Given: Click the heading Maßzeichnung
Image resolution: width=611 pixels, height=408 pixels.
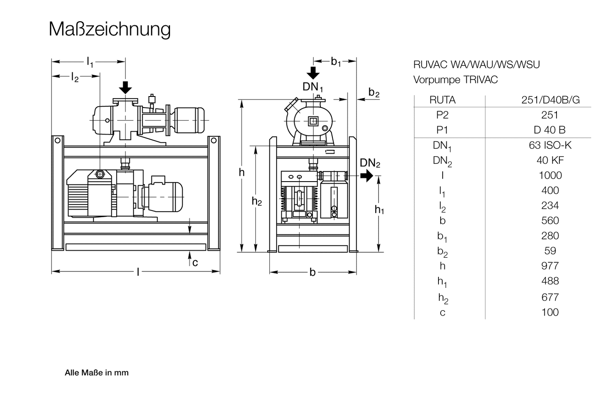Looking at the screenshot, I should click(x=110, y=29).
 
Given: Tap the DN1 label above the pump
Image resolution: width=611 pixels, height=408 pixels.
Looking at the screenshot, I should click(x=313, y=87).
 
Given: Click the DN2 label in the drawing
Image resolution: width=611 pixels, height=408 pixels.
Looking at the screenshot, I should click(x=370, y=163).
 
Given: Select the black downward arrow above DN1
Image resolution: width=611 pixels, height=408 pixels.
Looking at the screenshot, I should click(x=313, y=73).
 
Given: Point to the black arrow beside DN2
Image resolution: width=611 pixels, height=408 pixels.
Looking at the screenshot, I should click(x=367, y=175).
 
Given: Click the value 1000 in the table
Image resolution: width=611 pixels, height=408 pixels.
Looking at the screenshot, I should click(x=550, y=175).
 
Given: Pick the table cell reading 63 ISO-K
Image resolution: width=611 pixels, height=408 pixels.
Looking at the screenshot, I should click(x=550, y=145).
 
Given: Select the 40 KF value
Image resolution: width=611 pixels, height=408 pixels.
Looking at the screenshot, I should click(x=550, y=160).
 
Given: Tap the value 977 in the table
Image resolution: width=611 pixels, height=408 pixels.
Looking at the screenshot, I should click(x=550, y=266).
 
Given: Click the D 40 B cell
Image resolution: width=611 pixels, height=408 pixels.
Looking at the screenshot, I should click(x=550, y=130).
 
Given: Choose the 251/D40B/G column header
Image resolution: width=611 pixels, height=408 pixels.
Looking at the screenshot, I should click(x=551, y=100).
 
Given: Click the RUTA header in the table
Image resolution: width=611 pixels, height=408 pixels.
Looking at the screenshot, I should click(x=442, y=100).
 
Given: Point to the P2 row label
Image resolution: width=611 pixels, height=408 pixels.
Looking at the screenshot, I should click(x=442, y=115).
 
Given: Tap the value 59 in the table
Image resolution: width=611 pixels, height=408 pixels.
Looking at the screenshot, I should click(x=550, y=251).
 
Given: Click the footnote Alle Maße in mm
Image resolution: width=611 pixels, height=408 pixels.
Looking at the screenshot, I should click(x=96, y=373).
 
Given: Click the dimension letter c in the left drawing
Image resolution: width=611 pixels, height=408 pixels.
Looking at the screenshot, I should click(x=195, y=263).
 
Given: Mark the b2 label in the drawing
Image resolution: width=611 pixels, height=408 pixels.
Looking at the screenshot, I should click(x=374, y=93).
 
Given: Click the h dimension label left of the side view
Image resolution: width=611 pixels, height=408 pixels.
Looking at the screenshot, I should click(x=241, y=172).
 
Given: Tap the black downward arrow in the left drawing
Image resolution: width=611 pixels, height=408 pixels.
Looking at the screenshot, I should click(x=125, y=87).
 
